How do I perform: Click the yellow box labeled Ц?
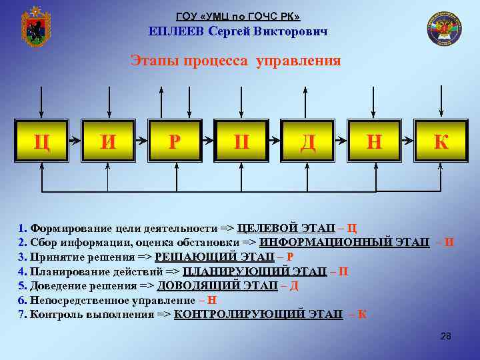coord(41,141)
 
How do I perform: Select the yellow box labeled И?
coord(107,141)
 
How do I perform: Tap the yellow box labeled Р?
coord(174,141)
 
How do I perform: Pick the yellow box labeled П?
coord(241,141)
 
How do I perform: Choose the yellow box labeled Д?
coord(307,141)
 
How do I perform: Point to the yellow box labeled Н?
coord(374,141)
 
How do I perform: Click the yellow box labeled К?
coord(441,141)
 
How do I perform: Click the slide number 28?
coord(446,337)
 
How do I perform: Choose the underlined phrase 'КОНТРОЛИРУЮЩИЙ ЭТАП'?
coord(258,314)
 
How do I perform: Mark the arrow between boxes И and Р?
coord(141,141)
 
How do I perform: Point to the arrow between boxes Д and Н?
coord(341,141)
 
